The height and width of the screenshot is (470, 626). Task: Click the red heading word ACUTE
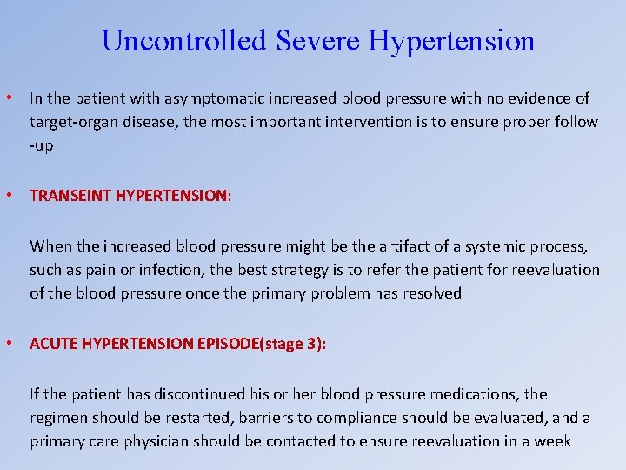(51, 344)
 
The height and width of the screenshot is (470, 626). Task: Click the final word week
(552, 441)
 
